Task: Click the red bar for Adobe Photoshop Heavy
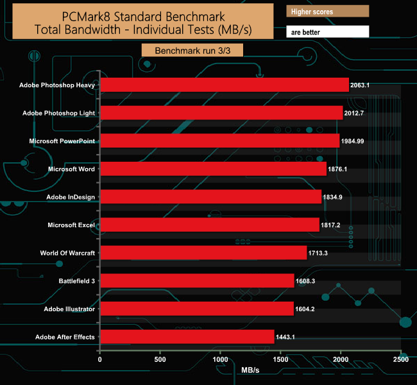(225, 85)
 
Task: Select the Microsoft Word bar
(214, 169)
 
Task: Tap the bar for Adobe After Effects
(187, 337)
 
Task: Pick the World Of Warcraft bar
(203, 253)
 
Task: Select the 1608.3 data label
(310, 281)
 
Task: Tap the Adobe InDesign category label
(71, 197)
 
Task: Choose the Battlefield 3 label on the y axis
(76, 281)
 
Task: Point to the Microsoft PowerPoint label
(62, 141)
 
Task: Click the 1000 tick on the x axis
(220, 360)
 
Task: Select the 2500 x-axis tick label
(401, 360)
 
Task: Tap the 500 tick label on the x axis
(160, 360)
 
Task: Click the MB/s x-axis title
(251, 371)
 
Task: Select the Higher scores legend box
(327, 11)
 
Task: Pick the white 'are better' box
(327, 31)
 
